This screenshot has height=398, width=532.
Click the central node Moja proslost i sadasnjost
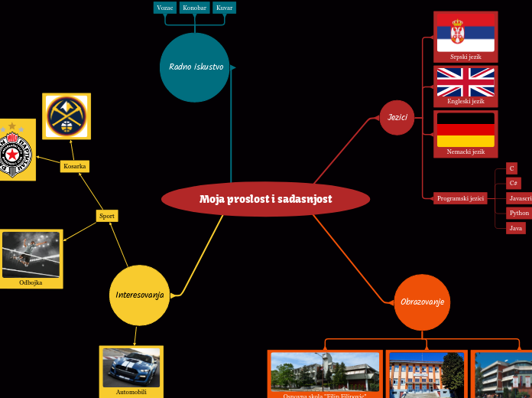265,199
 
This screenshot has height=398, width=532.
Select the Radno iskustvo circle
196,67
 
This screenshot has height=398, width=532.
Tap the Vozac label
165,8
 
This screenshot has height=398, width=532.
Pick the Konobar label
195,8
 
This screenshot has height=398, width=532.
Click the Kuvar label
224,8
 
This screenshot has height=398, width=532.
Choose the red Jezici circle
397,118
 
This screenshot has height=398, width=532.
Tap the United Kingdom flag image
465,82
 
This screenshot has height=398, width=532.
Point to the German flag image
465,129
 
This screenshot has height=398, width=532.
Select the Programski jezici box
460,198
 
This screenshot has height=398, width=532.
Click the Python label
519,213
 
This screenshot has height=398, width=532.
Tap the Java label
517,228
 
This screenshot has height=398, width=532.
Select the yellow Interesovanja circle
140,295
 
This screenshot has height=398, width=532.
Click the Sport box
107,216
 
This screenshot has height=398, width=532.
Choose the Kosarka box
75,166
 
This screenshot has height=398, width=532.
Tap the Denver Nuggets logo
66,116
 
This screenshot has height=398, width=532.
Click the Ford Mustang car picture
131,367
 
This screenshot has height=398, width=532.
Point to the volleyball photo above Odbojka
31,254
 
